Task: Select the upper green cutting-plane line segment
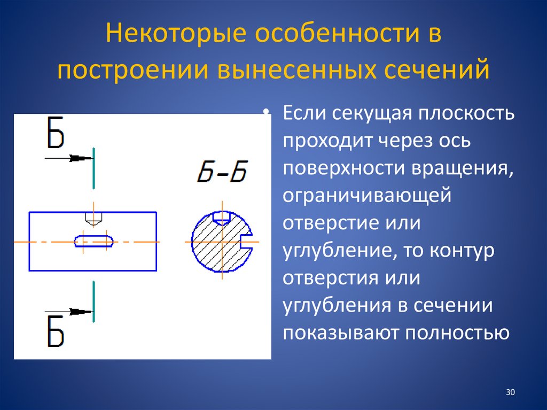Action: coord(93,168)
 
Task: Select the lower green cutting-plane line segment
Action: coord(93,301)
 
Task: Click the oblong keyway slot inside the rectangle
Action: coord(94,242)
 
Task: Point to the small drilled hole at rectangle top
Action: coord(93,218)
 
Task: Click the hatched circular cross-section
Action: coord(214,246)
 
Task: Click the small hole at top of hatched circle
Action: coord(221,216)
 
